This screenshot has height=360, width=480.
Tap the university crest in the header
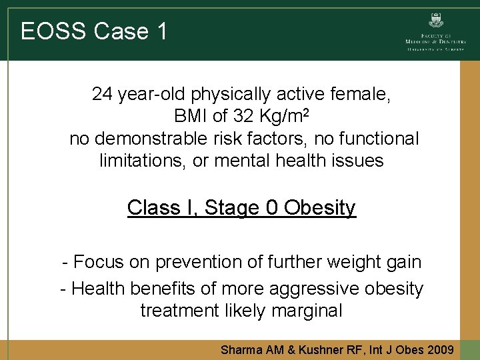[437, 21]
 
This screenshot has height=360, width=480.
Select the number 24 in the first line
[103, 94]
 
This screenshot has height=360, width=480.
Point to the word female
[368, 94]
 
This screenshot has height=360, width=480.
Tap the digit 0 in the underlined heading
[272, 208]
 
